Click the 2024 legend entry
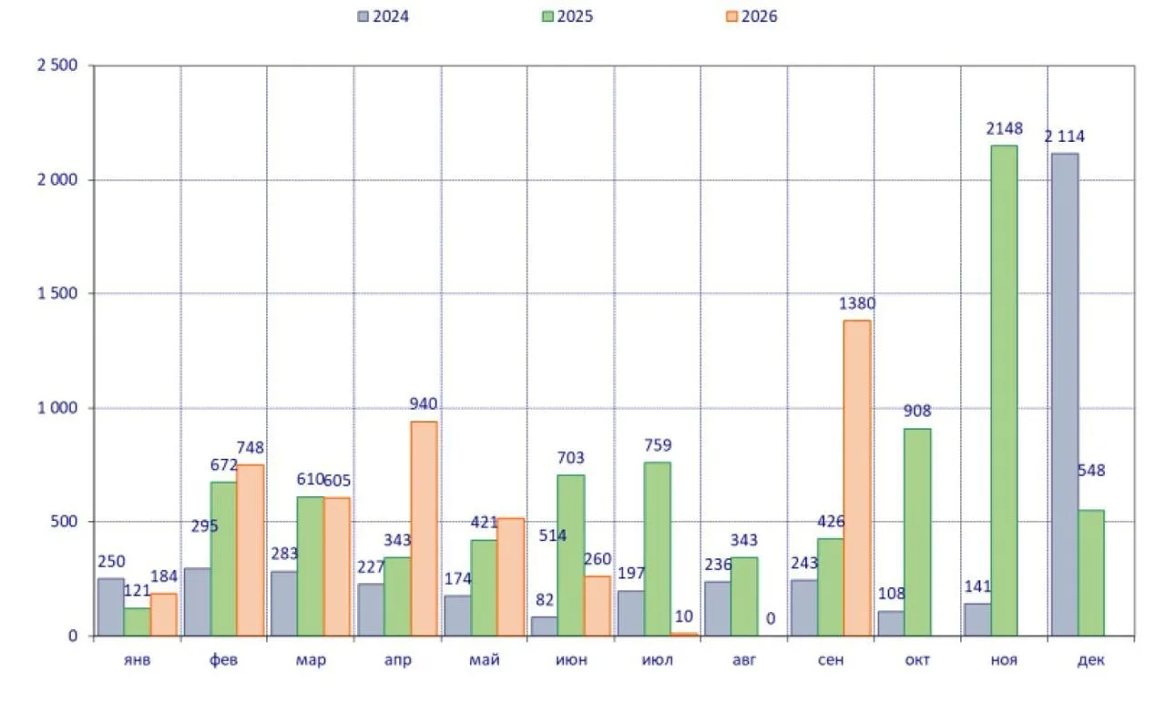384,16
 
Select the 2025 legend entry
568,16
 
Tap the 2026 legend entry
752,16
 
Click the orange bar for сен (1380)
857,478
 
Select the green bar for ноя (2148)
1004,391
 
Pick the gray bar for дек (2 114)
1065,394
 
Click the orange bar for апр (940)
424,528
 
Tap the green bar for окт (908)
917,532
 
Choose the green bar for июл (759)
657,549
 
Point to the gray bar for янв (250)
111,606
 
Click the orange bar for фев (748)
251,550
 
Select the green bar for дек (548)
1091,573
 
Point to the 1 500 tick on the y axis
57,293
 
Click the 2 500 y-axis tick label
57,66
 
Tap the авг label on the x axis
744,660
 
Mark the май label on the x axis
484,660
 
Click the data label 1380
857,303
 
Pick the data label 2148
1004,128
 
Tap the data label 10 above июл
683,616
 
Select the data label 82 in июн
545,600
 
